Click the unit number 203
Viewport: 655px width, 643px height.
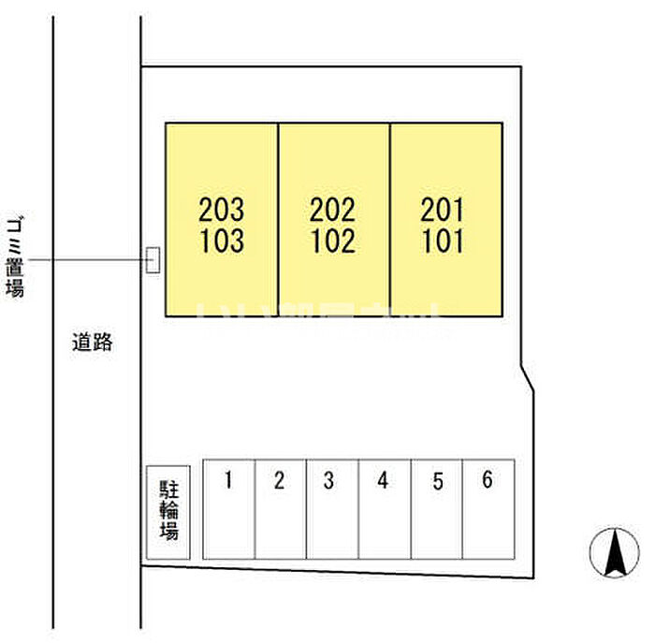coord(222,208)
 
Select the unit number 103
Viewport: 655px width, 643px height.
coord(222,241)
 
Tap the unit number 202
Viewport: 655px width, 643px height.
coord(332,208)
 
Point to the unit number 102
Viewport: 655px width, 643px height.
coord(332,241)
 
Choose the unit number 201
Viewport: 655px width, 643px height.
coord(443,208)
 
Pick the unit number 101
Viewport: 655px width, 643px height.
coord(443,241)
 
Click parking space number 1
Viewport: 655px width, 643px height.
coord(227,482)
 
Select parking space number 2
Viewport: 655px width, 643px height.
coord(279,482)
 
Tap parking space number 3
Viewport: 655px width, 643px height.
coord(328,482)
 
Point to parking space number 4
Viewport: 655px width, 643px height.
coord(383,482)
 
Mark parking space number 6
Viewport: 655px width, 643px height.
coord(487,481)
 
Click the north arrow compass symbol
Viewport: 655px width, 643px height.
coord(614,552)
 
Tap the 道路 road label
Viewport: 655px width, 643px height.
coord(93,343)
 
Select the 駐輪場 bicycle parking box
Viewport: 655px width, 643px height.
coord(168,513)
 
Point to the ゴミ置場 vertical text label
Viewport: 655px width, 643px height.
coord(15,256)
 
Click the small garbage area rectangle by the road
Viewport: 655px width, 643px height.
coord(153,260)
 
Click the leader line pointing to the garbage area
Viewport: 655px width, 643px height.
coord(94,260)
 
